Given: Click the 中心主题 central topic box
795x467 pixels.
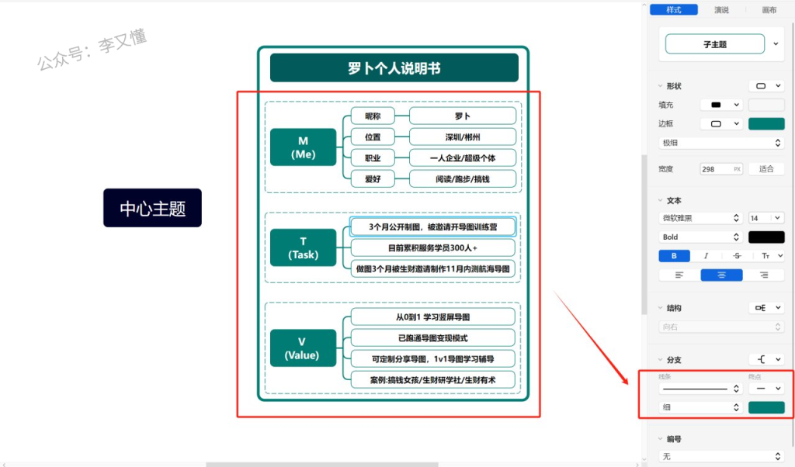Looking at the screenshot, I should click(152, 208).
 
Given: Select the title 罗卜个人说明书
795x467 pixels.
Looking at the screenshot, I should click(394, 68).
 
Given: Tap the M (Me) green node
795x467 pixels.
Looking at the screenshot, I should click(303, 147).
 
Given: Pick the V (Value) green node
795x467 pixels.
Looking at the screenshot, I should click(302, 348).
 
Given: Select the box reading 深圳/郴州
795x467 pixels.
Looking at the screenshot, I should click(462, 137).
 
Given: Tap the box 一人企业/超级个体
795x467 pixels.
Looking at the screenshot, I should click(462, 158).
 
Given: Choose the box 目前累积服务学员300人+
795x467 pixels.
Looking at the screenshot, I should click(432, 248).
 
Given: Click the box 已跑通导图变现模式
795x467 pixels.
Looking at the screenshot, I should click(432, 338).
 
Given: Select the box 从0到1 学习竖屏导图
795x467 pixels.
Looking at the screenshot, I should click(432, 317).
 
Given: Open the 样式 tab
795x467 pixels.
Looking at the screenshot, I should click(674, 10).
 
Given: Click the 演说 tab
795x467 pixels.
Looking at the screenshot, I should click(721, 10).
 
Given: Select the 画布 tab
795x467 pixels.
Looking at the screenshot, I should click(769, 10).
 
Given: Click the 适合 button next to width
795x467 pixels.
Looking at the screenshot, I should click(765, 169).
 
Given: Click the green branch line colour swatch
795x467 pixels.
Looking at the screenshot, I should click(765, 407).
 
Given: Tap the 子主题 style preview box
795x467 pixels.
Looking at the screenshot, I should click(714, 45).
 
